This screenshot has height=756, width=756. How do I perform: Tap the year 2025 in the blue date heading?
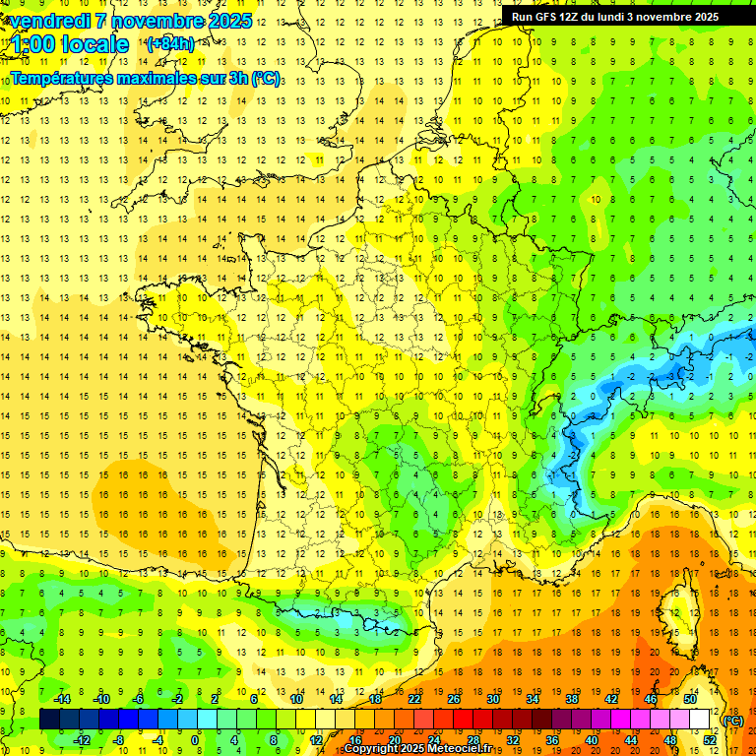point(228,21)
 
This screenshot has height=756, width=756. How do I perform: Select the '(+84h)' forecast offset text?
point(170,43)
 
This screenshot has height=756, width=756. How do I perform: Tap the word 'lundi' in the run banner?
point(613,17)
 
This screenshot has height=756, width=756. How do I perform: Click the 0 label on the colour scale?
point(195,740)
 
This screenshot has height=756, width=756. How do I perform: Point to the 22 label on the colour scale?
point(414,699)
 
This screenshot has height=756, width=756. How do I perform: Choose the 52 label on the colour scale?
point(709,740)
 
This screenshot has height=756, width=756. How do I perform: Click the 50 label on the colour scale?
point(690,699)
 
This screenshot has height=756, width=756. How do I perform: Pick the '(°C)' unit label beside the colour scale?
point(732,721)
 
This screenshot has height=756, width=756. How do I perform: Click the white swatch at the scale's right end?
point(700,720)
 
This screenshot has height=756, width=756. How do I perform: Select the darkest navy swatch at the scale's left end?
point(49,720)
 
